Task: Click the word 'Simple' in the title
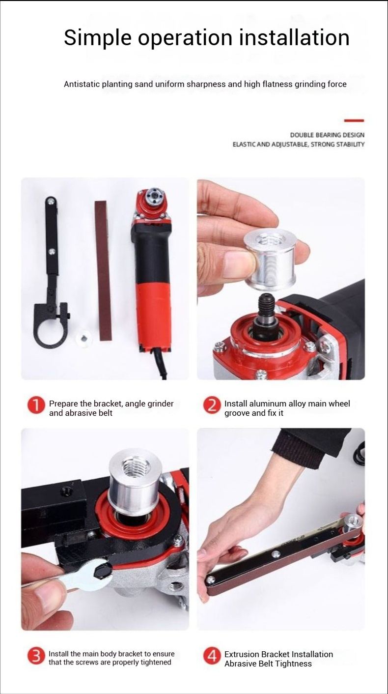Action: coord(98,38)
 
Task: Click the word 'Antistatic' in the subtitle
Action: coord(82,84)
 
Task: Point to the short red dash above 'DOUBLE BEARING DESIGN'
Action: coord(354,120)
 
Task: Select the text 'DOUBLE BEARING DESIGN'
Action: coord(327,135)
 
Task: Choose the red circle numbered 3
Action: coord(36,657)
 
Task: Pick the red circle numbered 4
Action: coord(212,657)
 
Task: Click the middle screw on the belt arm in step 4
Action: coord(274,553)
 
